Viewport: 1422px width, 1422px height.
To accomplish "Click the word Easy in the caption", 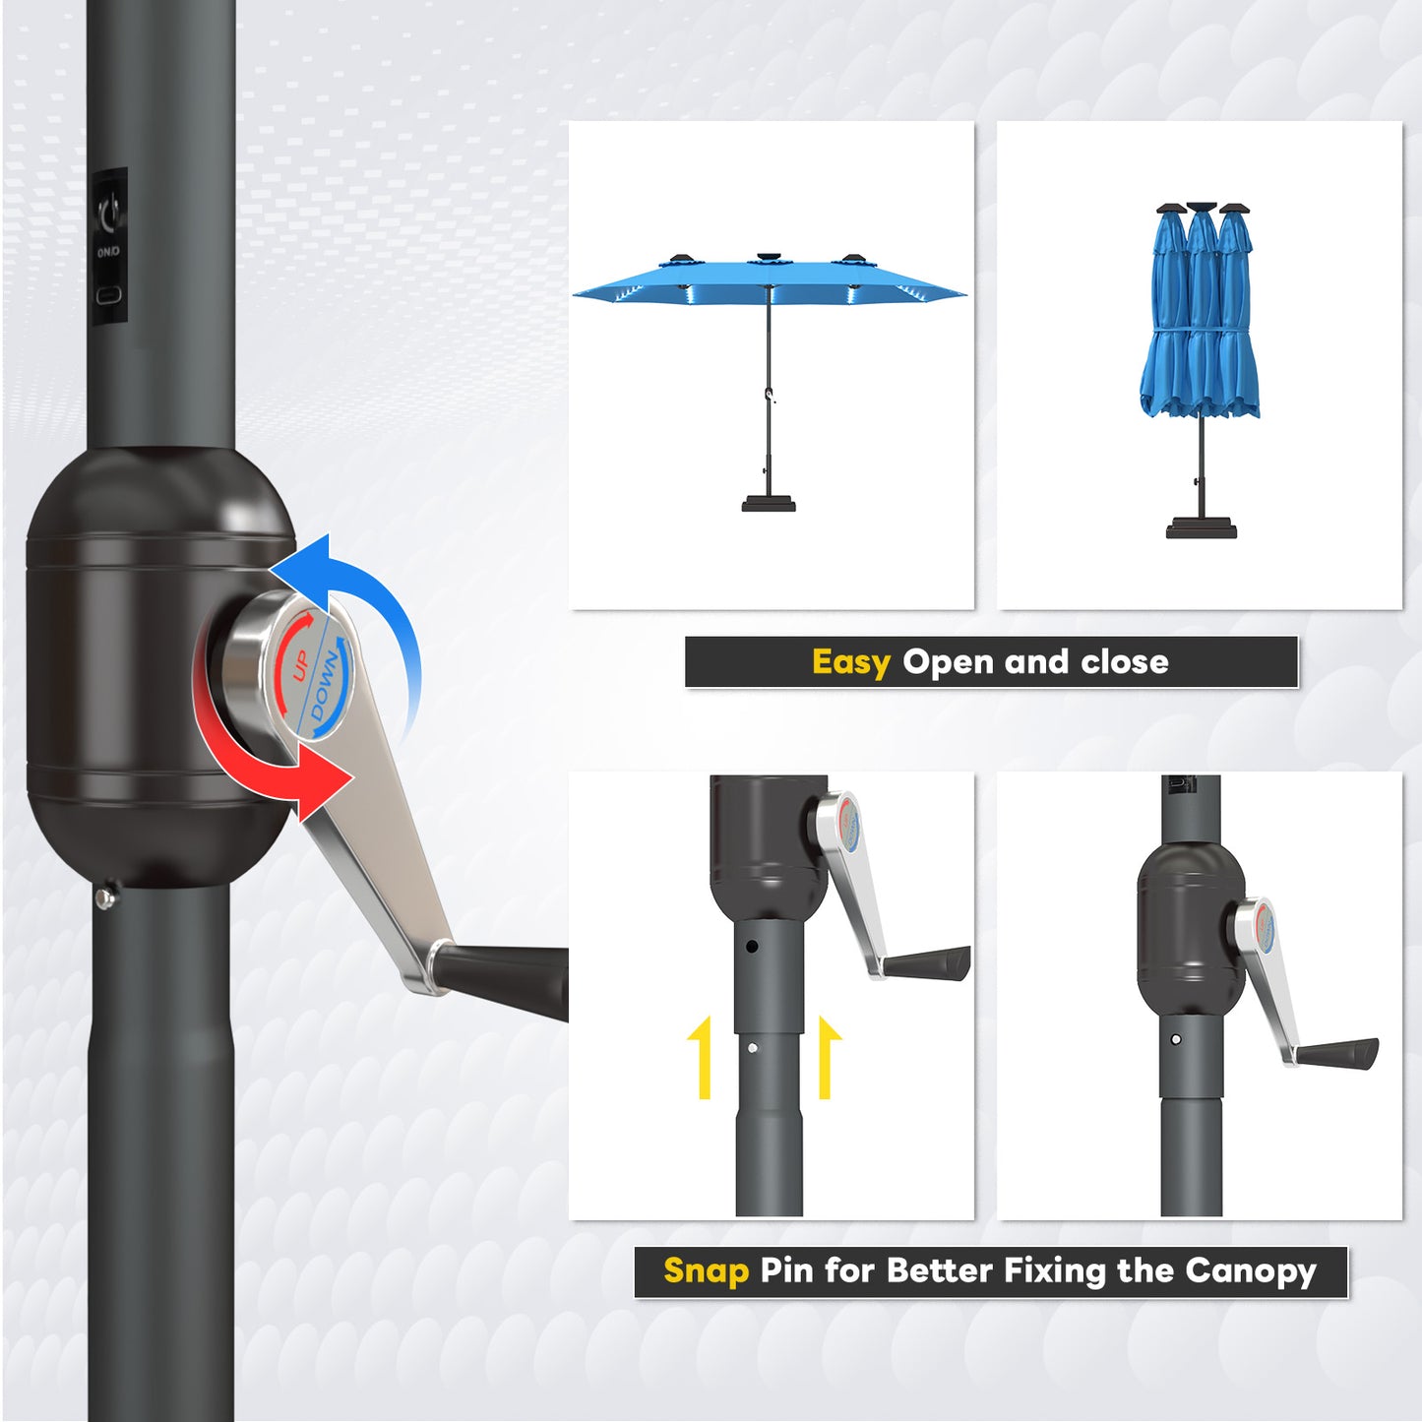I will pos(850,662).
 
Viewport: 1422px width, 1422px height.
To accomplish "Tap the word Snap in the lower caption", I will pos(706,1270).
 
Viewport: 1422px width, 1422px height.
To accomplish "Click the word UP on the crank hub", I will pos(301,664).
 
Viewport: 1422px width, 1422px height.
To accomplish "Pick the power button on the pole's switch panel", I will pos(108,210).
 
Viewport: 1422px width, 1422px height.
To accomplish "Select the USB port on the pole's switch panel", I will pos(108,294).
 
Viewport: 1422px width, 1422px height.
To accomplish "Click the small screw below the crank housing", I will pos(104,896).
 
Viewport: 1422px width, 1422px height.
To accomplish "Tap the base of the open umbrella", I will pos(769,504).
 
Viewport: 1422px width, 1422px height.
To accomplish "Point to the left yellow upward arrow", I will pos(701,1057).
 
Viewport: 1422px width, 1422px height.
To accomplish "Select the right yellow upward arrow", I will pos(827,1057).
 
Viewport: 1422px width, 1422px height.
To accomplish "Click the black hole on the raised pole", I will pos(752,947).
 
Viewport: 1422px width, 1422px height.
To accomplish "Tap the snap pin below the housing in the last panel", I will pos(1176,1039).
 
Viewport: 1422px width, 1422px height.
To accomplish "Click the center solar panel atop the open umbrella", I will pos(768,259).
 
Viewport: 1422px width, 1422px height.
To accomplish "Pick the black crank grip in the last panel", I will pos(1338,1053).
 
